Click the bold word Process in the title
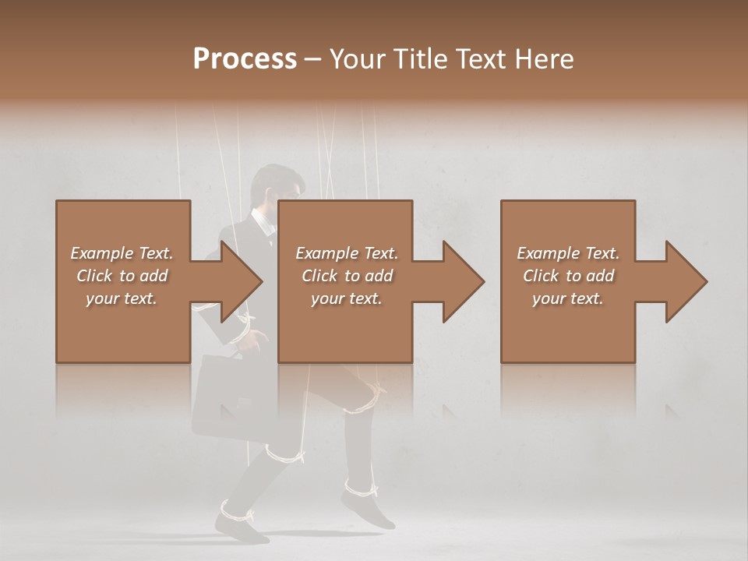pyautogui.click(x=245, y=59)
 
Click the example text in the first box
pyautogui.click(x=122, y=275)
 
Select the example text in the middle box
pyautogui.click(x=346, y=275)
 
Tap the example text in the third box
pyautogui.click(x=568, y=275)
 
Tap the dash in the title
pyautogui.click(x=312, y=59)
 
